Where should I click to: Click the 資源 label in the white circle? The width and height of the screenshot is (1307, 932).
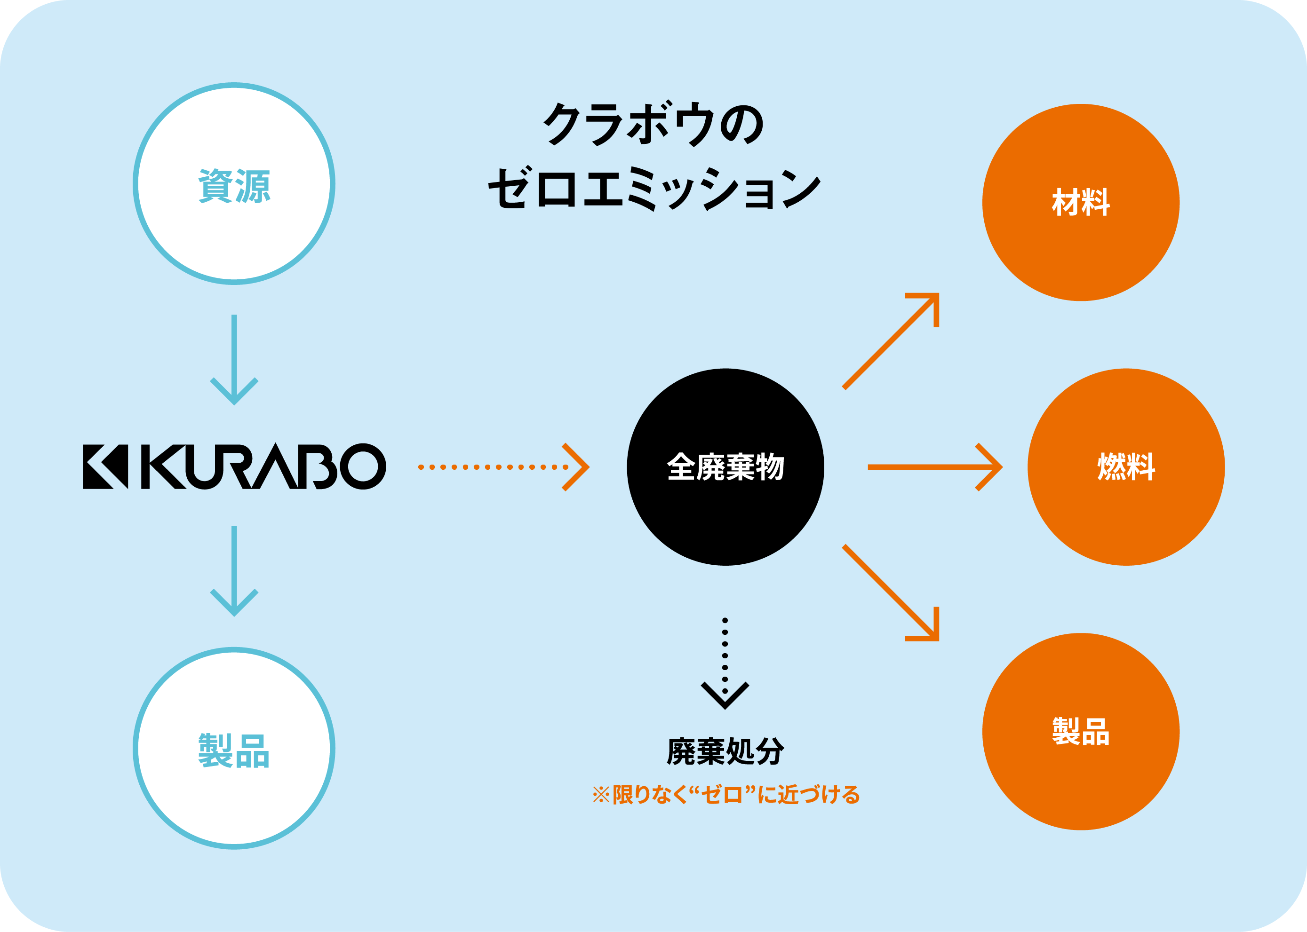pos(234,186)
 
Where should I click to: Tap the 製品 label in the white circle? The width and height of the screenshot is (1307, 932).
pos(234,750)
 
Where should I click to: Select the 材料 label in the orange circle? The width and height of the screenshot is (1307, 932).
pos(1081,203)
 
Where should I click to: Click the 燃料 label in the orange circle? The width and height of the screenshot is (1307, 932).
pos(1126,466)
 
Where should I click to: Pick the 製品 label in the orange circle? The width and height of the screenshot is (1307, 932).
pos(1081,731)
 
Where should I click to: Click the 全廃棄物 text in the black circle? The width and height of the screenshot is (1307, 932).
pos(725,466)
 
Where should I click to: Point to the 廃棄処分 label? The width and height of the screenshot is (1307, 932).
pos(725,751)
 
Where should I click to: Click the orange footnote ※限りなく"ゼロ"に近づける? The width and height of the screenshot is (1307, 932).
pos(726,795)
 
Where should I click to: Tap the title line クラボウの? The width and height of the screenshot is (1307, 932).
pos(653,124)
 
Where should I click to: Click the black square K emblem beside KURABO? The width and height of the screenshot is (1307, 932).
pos(106,466)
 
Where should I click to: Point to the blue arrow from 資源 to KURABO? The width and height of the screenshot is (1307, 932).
pos(234,360)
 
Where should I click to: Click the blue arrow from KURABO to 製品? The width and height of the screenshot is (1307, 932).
pos(234,571)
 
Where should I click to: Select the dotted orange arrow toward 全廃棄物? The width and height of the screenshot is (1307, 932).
pos(503,467)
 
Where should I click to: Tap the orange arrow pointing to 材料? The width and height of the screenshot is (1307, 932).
pos(891,341)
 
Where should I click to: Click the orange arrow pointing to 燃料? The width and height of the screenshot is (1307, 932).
pos(935,467)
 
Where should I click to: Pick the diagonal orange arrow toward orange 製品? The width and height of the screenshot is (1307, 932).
pos(891,593)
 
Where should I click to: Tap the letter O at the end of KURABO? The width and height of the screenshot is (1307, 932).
pos(363,466)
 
